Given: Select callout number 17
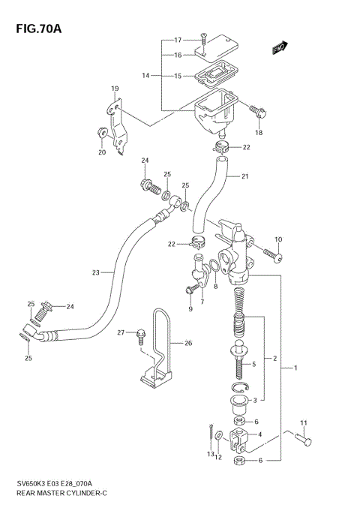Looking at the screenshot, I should [x=178, y=40].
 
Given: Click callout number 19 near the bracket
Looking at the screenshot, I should [x=115, y=89].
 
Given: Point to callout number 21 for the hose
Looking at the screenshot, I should [x=244, y=177].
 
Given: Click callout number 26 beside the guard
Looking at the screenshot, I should [x=189, y=344].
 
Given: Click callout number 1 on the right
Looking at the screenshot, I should [x=295, y=368].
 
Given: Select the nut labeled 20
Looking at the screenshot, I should [x=99, y=134].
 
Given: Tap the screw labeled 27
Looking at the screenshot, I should [x=140, y=335].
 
